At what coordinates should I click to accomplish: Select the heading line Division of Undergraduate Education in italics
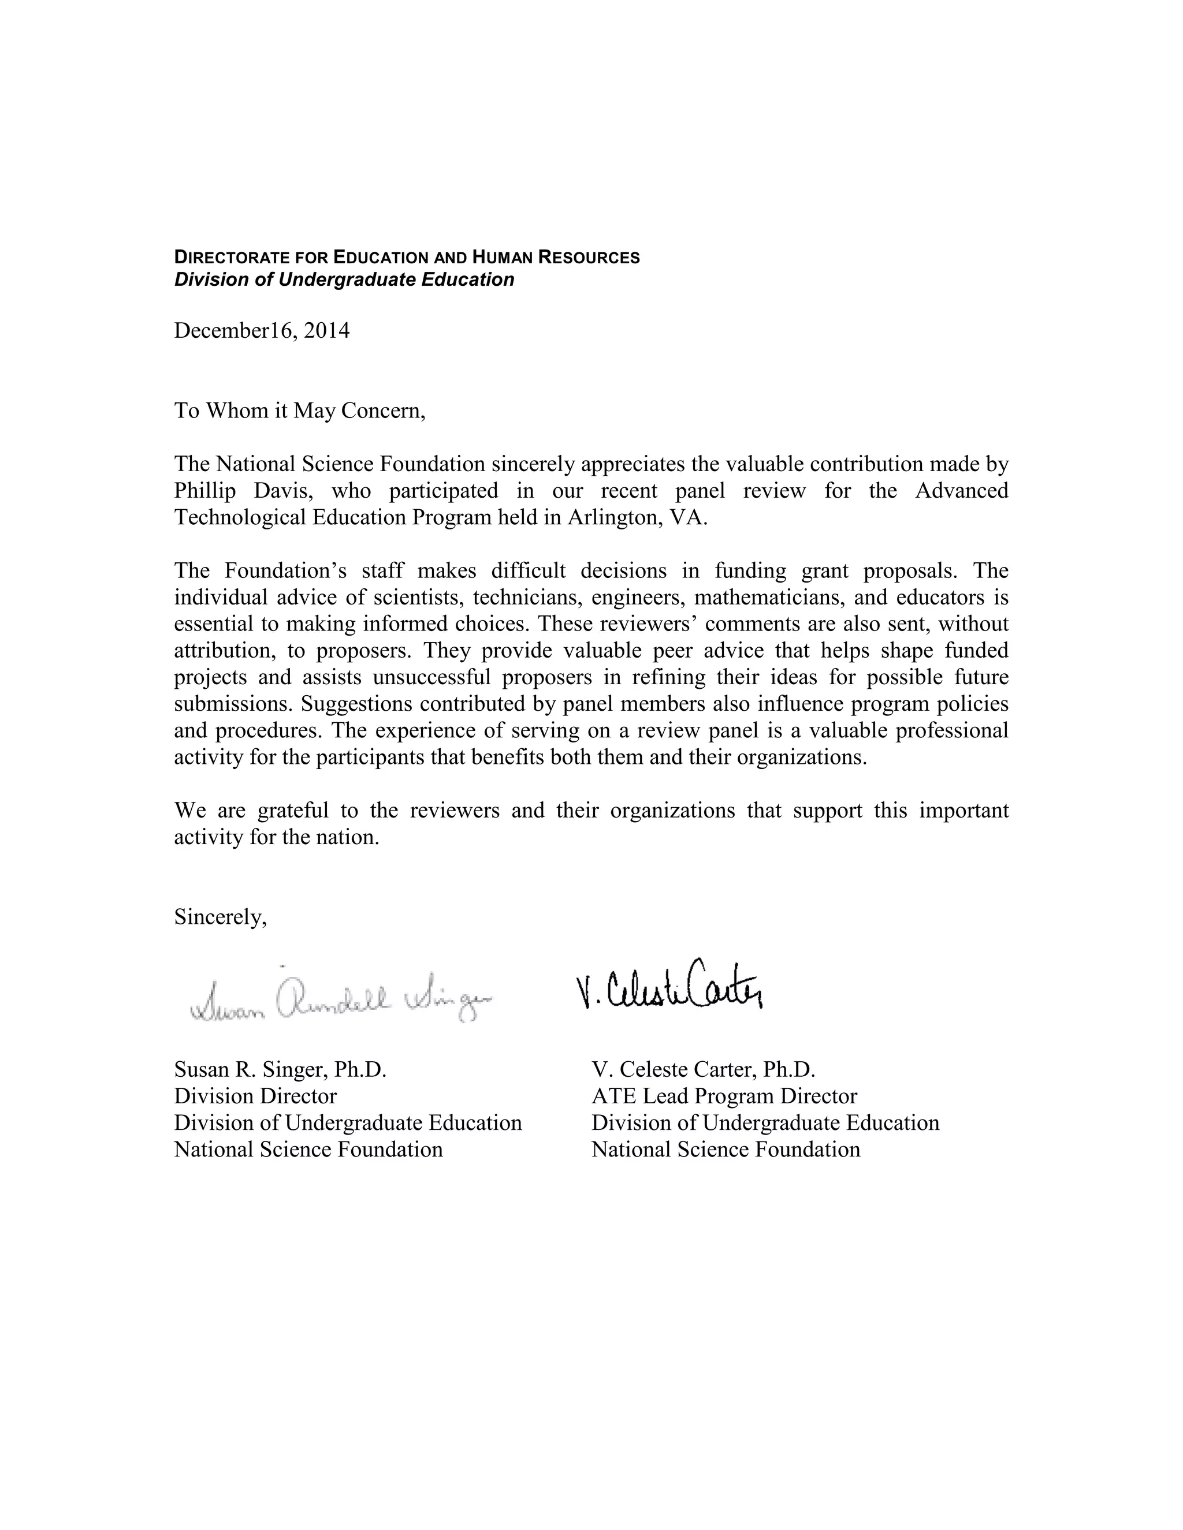pos(344,279)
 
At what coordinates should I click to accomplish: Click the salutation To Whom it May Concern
pos(299,410)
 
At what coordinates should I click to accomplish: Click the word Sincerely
pos(220,916)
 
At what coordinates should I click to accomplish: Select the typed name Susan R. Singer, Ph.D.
pos(280,1069)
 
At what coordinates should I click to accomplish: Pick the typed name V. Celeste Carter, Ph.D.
pos(703,1069)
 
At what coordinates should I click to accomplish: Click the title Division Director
pos(255,1096)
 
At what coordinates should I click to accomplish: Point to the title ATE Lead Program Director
pos(724,1096)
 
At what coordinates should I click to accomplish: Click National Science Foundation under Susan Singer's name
pos(308,1149)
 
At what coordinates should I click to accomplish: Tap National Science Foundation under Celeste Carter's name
pos(726,1149)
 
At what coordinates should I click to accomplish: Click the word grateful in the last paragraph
pos(293,811)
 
